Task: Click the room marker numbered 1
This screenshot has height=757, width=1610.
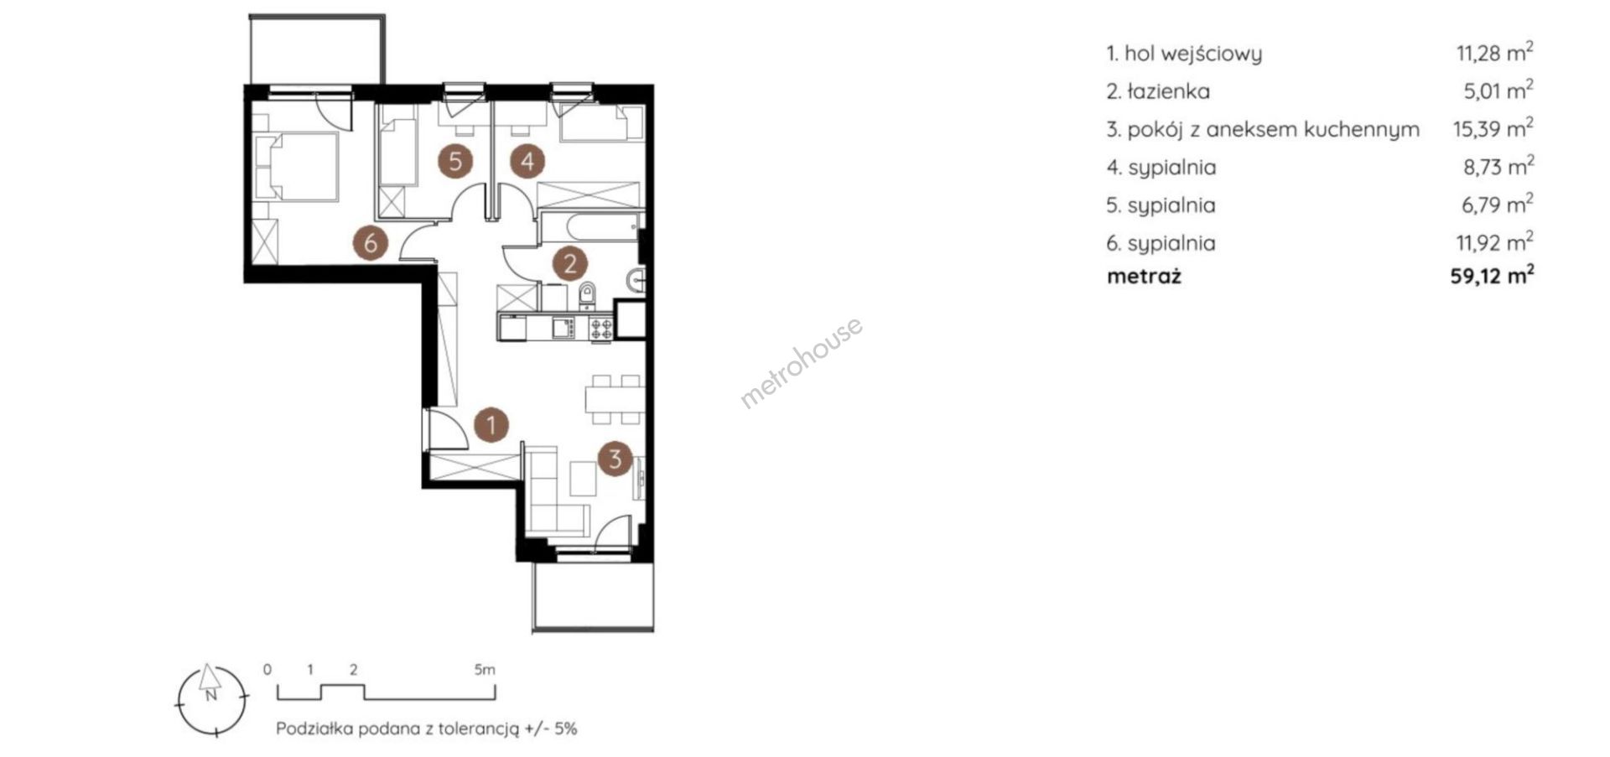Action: pyautogui.click(x=491, y=424)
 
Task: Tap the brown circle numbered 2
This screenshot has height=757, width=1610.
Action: pyautogui.click(x=570, y=264)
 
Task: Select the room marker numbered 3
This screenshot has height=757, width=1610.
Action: pyautogui.click(x=615, y=459)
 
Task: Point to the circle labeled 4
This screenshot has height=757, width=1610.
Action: pyautogui.click(x=527, y=160)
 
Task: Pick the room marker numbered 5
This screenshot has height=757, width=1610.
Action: pyautogui.click(x=455, y=160)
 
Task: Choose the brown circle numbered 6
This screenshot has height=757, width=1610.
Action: pyautogui.click(x=371, y=243)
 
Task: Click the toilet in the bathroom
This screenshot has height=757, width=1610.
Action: pyautogui.click(x=588, y=295)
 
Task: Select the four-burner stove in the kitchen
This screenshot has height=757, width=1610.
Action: pyautogui.click(x=601, y=328)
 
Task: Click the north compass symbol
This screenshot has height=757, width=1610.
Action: pyautogui.click(x=212, y=701)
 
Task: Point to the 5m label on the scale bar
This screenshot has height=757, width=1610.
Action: pyautogui.click(x=485, y=670)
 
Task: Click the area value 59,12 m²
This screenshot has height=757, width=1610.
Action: pyautogui.click(x=1493, y=275)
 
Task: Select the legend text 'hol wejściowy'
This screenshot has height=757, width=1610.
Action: pyautogui.click(x=1193, y=54)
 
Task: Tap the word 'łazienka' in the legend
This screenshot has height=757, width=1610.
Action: pyautogui.click(x=1169, y=91)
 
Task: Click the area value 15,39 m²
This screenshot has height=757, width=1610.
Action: pyautogui.click(x=1493, y=128)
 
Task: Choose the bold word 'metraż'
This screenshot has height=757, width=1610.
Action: pyautogui.click(x=1144, y=276)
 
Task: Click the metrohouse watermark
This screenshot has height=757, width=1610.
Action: pyautogui.click(x=801, y=362)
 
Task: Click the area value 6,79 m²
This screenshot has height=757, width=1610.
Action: pyautogui.click(x=1499, y=205)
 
